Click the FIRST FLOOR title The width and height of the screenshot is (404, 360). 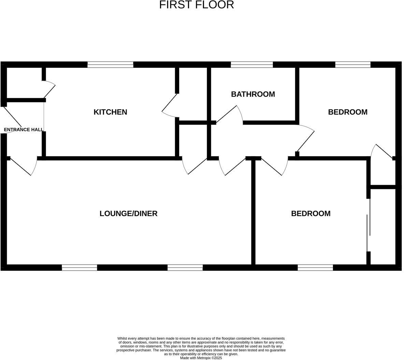197,5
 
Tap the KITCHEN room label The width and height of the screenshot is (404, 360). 110,112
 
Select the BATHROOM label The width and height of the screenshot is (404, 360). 253,94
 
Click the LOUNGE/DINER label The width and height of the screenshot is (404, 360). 128,213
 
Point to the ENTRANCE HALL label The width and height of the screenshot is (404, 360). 24,130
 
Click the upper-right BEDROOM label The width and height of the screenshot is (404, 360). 347,112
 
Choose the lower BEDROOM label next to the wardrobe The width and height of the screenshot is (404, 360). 311,213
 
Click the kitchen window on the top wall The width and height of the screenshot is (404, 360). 110,64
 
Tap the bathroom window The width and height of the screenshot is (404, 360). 252,64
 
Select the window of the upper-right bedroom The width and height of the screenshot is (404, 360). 353,64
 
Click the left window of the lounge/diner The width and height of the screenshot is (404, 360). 80,268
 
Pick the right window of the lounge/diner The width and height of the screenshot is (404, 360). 185,268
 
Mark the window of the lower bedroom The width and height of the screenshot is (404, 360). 315,268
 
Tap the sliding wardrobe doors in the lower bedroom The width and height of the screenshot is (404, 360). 369,225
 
